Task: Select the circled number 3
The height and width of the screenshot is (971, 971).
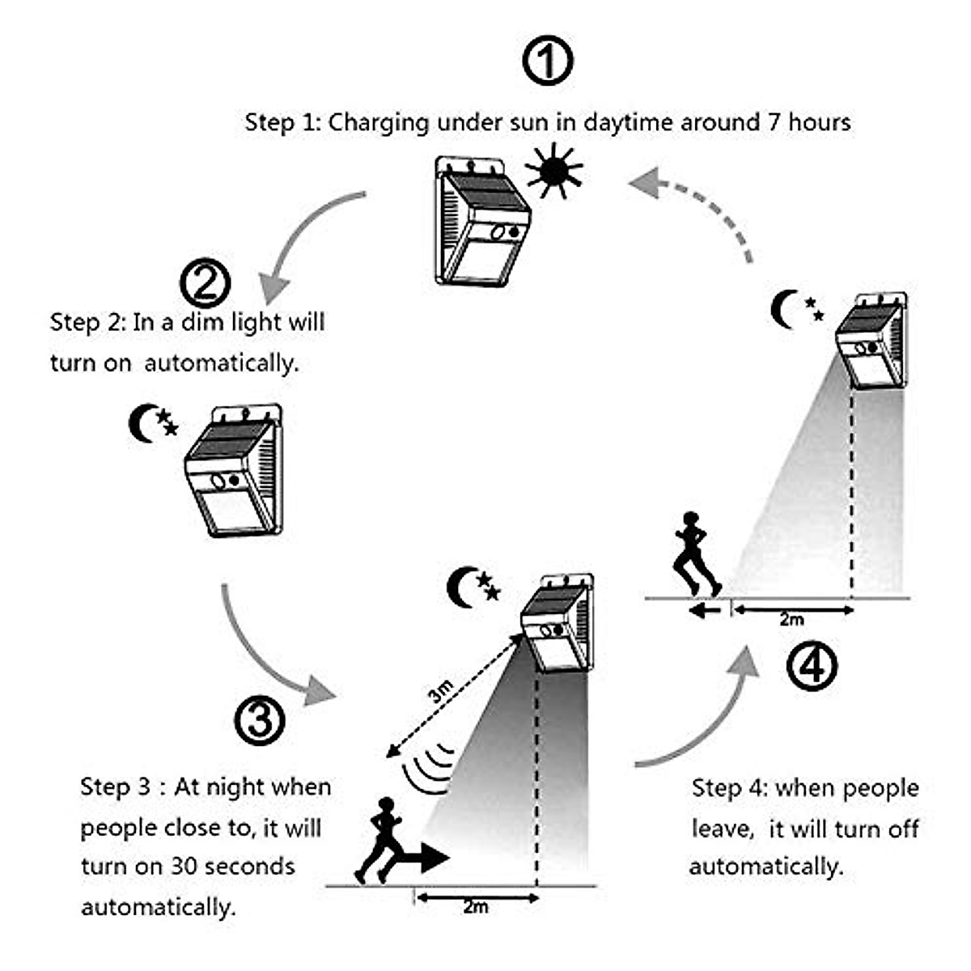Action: pyautogui.click(x=259, y=719)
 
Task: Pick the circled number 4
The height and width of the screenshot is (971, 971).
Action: pyautogui.click(x=812, y=666)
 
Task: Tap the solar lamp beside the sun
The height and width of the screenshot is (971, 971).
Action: pyautogui.click(x=482, y=223)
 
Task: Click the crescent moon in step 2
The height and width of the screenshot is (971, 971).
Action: pyautogui.click(x=142, y=423)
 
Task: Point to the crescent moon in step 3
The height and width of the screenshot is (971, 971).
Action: pyautogui.click(x=462, y=586)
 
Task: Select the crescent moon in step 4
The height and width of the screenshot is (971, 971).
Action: pyautogui.click(x=784, y=310)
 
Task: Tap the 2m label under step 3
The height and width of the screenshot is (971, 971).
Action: pyautogui.click(x=476, y=907)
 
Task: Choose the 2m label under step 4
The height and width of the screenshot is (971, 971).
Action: pyautogui.click(x=791, y=620)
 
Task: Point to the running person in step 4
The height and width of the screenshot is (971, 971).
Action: pyautogui.click(x=694, y=554)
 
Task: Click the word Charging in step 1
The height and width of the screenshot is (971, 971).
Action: pyautogui.click(x=378, y=122)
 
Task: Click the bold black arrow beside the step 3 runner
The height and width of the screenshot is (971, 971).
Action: pyautogui.click(x=421, y=859)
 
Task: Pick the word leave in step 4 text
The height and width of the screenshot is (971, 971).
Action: pyautogui.click(x=723, y=829)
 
